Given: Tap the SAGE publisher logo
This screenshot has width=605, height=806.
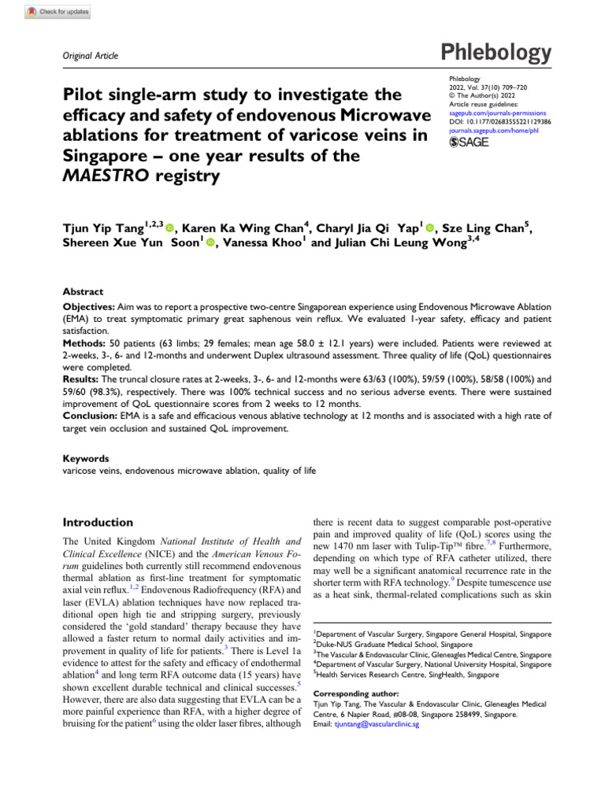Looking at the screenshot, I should pyautogui.click(x=469, y=142).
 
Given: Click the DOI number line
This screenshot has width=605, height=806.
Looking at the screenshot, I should pyautogui.click(x=499, y=122).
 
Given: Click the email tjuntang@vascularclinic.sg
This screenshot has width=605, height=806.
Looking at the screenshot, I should pyautogui.click(x=376, y=725).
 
